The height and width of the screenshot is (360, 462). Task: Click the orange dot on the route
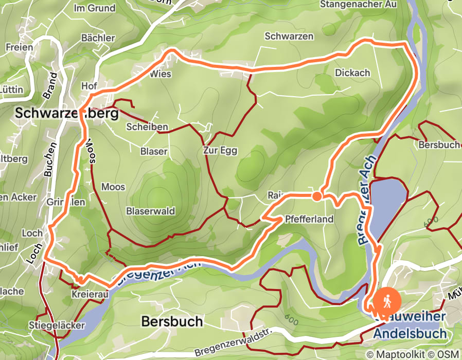pyautogui.click(x=317, y=196)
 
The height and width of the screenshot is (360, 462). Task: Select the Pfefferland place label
pyautogui.click(x=309, y=219)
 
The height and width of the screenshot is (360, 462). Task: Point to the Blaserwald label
pyautogui.click(x=151, y=211)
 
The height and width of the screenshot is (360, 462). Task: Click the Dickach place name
pyautogui.click(x=352, y=73)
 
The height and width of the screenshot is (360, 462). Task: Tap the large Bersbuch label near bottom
pyautogui.click(x=172, y=322)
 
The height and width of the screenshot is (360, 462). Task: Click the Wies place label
pyautogui.click(x=160, y=74)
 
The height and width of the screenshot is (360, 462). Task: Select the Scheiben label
pyautogui.click(x=147, y=127)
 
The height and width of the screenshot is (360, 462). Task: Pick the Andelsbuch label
pyautogui.click(x=409, y=333)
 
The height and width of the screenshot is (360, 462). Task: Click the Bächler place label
pyautogui.click(x=98, y=38)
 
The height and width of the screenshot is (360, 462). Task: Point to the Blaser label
pyautogui.click(x=154, y=151)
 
